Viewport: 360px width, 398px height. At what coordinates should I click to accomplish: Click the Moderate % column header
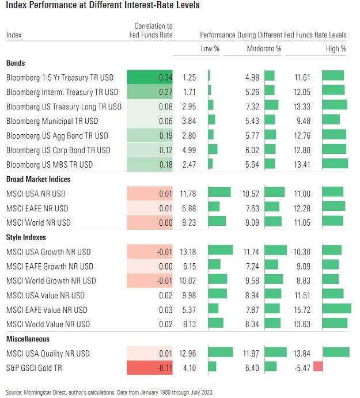264,49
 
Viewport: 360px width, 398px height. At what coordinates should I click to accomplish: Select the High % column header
336,49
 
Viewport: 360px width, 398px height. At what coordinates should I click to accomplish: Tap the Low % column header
210,49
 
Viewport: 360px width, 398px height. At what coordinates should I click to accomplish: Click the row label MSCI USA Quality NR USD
48,353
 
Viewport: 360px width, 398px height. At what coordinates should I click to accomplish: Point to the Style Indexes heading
26,237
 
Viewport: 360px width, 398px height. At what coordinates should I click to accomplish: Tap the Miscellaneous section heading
28,339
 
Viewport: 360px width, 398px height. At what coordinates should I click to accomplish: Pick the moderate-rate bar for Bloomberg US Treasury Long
271,106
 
